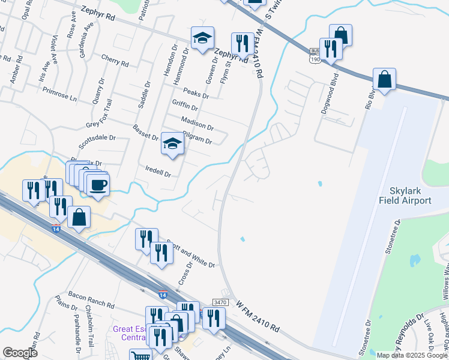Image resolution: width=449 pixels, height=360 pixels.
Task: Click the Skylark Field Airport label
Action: (x=405, y=194)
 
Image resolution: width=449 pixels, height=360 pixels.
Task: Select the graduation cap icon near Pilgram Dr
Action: (x=172, y=144)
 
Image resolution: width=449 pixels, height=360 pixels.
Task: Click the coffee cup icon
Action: (x=98, y=184)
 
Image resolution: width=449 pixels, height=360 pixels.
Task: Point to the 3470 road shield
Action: (x=221, y=305)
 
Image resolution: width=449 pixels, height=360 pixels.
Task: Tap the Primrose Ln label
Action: (x=60, y=92)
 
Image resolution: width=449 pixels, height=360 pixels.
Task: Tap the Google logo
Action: (x=20, y=353)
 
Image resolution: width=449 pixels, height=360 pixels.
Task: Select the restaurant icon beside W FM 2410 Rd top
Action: (x=243, y=44)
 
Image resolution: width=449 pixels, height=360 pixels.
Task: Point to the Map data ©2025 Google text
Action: (x=412, y=355)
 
